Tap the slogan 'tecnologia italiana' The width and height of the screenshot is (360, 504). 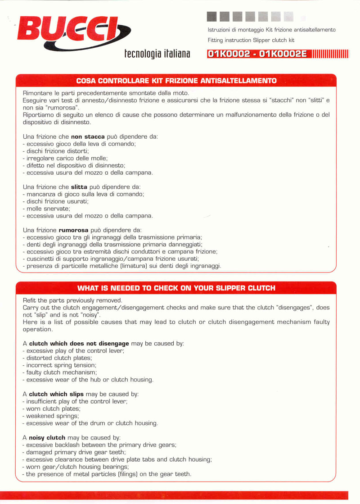click(157, 54)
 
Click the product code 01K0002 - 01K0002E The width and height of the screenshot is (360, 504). click(257, 54)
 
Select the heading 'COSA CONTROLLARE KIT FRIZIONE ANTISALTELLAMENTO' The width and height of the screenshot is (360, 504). click(176, 81)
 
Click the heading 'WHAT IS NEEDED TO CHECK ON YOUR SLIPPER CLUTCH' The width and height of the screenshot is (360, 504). click(176, 288)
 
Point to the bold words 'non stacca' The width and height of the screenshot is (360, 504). click(88, 136)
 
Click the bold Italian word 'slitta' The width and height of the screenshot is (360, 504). click(79, 186)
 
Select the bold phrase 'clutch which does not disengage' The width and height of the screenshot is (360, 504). click(79, 343)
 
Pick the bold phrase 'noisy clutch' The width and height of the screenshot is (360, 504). click(47, 437)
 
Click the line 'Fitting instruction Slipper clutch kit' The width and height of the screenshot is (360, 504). click(251, 40)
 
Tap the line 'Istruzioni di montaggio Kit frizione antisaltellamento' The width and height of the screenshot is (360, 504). click(272, 30)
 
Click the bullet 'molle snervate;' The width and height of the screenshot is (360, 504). click(48, 209)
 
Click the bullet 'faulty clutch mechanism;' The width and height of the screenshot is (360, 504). click(61, 372)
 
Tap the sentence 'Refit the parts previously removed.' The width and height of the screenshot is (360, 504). click(72, 300)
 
